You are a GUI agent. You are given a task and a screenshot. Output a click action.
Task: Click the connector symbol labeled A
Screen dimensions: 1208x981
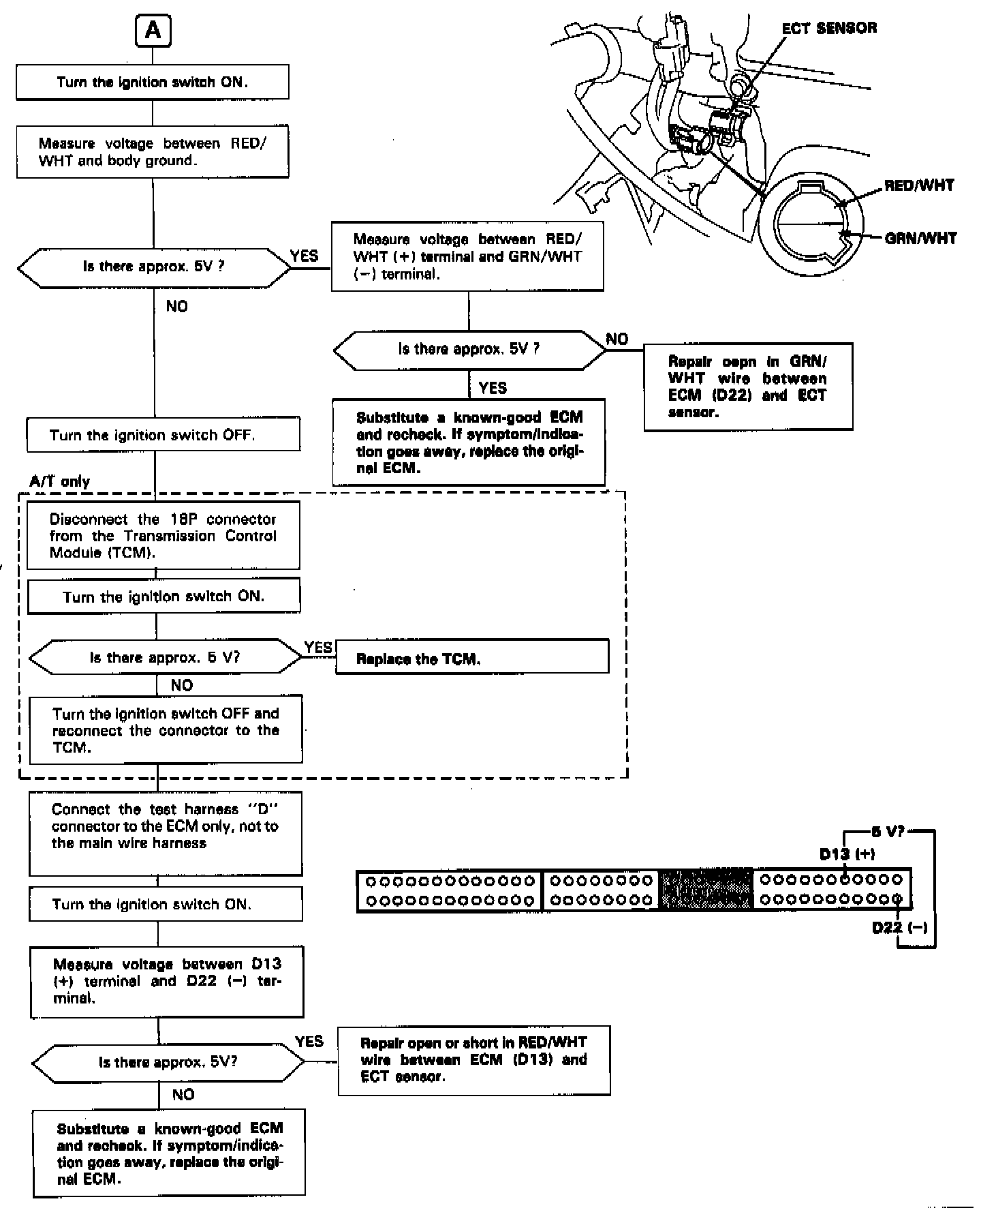pos(153,31)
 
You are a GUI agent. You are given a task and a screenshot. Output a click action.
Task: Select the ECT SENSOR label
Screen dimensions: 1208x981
pos(829,28)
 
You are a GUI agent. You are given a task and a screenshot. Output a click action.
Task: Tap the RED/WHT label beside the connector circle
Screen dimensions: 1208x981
pos(919,185)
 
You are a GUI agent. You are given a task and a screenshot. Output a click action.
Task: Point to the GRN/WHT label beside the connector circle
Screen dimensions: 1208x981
pos(920,238)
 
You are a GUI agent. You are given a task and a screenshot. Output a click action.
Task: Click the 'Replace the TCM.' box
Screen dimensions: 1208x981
pos(471,659)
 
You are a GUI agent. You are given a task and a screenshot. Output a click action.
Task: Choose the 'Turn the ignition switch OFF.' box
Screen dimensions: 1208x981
pos(163,435)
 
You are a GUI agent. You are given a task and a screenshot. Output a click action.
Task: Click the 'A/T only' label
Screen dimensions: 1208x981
pos(59,481)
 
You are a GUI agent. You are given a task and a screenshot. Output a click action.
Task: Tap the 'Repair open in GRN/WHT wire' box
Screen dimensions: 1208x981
pos(748,387)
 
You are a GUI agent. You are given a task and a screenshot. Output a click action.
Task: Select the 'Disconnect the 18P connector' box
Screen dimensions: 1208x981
pos(163,536)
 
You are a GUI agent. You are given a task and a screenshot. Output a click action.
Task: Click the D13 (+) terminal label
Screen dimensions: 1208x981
pos(847,854)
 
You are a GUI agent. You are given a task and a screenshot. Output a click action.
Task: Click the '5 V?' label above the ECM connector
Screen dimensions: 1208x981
pos(886,832)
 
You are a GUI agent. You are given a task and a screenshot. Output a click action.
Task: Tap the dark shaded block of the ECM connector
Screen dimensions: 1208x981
pos(706,890)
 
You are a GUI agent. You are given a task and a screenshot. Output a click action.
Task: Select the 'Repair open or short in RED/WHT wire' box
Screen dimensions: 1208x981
pos(473,1060)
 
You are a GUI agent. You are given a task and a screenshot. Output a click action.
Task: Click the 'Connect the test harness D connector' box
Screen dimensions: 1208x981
pos(166,833)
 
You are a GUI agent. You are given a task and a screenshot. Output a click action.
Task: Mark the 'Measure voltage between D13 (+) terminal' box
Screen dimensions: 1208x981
pos(167,981)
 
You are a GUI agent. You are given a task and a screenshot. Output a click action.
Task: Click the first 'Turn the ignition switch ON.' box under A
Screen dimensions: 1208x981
pos(153,82)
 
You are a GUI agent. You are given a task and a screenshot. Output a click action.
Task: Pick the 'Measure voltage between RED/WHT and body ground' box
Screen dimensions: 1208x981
pos(153,152)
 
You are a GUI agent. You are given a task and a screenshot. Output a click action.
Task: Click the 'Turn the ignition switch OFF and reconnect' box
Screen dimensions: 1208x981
pos(166,730)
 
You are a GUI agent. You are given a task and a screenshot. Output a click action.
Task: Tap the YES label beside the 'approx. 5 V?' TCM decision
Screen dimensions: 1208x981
pos(317,648)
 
